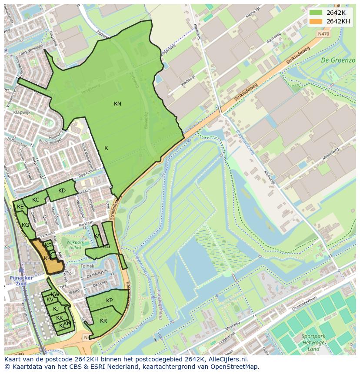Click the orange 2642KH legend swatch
[x=316, y=21]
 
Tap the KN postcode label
[x=117, y=104]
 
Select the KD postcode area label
[x=62, y=191]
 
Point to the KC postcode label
[x=36, y=200]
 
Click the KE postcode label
[x=20, y=207]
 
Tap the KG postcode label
[x=26, y=225]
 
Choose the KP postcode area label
[x=109, y=301]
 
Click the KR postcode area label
[x=103, y=321]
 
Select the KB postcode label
[x=107, y=246]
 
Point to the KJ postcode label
[x=56, y=309]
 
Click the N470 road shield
[x=323, y=33]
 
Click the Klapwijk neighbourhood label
[x=21, y=112]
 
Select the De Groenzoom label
[x=338, y=60]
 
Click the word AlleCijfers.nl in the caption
[x=226, y=359]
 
